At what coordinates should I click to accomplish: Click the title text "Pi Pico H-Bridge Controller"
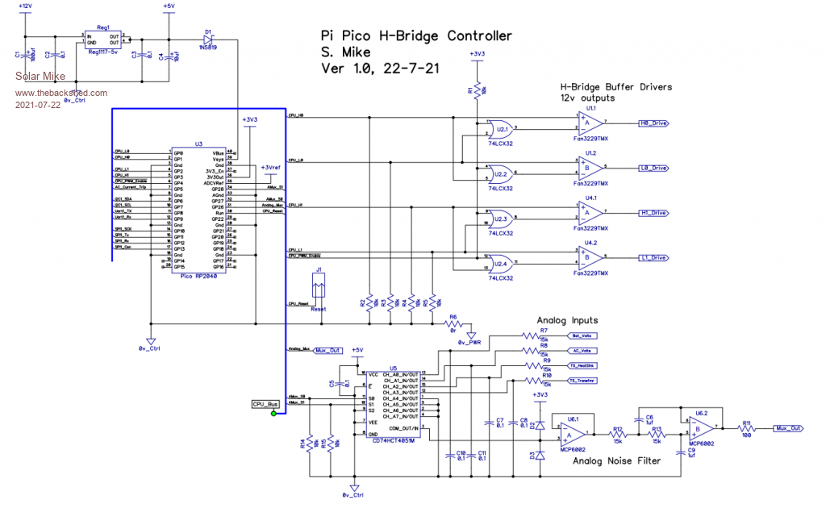[416, 36]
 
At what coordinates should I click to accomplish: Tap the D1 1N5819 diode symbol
[210, 38]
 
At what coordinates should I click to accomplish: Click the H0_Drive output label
[653, 123]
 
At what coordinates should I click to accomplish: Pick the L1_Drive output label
[653, 257]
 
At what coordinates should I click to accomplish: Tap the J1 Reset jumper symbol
[319, 286]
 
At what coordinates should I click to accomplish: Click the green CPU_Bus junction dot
[274, 414]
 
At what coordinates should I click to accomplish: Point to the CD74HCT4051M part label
[394, 440]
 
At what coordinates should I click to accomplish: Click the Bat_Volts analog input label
[582, 335]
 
